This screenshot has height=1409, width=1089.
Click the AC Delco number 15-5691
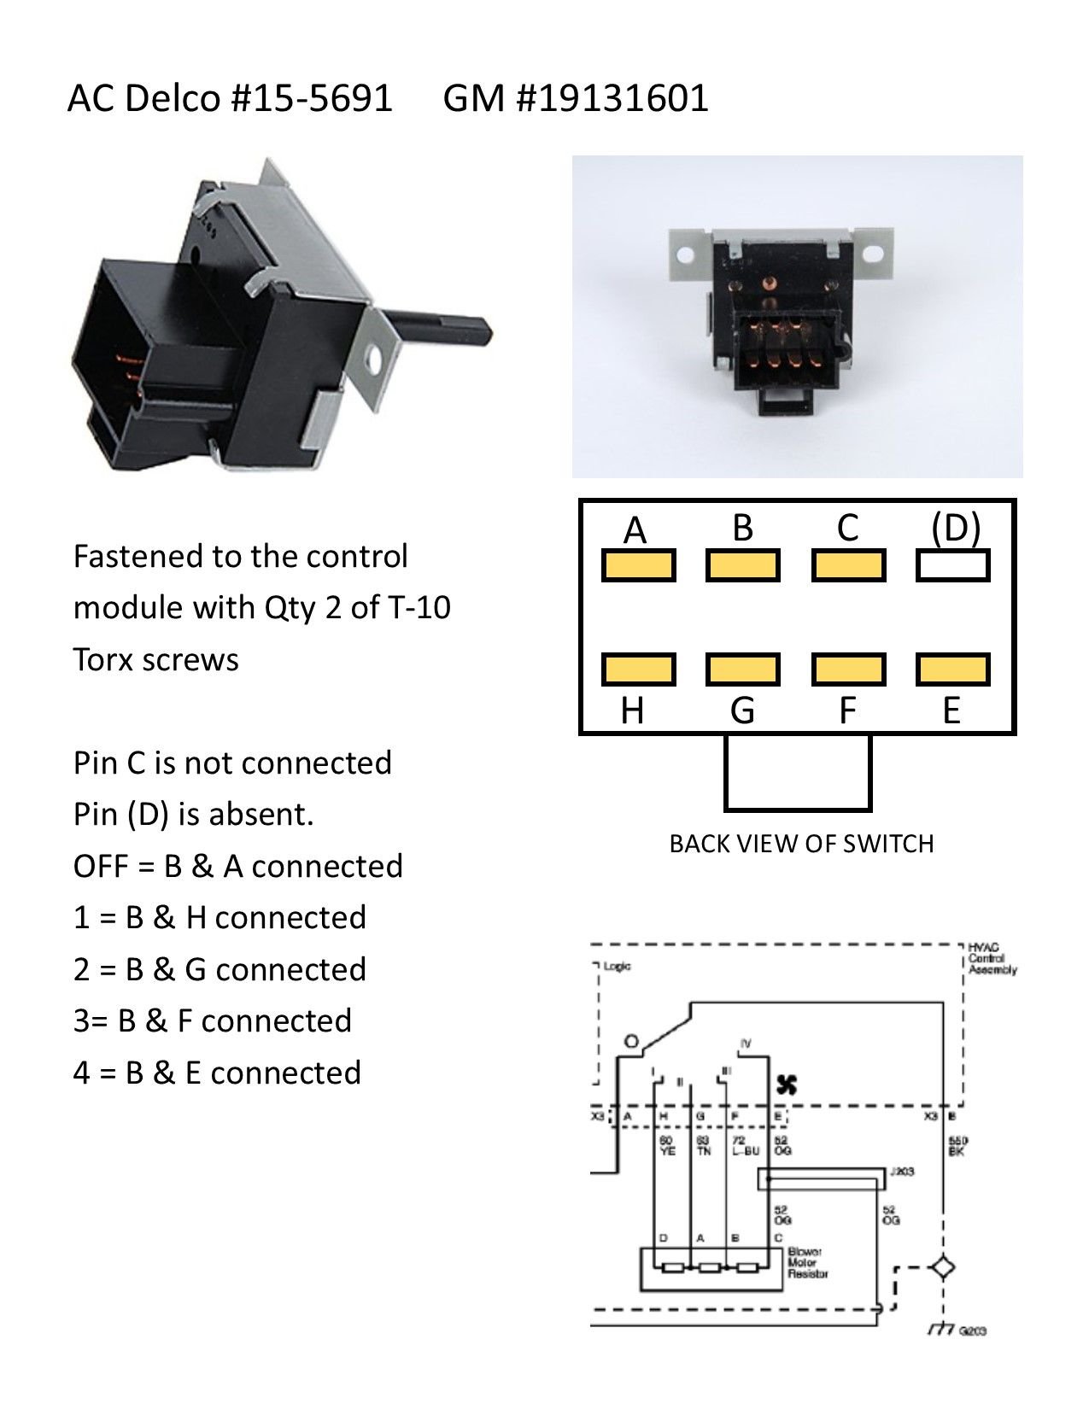tap(311, 97)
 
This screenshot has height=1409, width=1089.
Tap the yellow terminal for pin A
tap(638, 565)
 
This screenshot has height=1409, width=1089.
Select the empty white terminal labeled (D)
tap(952, 565)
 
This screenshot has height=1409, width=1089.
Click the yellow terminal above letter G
tap(742, 669)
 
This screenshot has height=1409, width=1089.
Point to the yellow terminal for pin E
tap(952, 669)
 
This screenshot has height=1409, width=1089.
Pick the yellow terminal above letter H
tap(638, 669)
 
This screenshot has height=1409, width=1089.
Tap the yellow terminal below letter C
tap(847, 565)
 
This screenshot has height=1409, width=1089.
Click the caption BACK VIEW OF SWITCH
tap(801, 844)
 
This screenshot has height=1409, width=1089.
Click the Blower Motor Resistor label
tap(807, 1263)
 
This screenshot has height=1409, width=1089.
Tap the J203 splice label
tap(901, 1171)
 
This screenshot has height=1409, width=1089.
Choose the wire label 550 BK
tap(958, 1146)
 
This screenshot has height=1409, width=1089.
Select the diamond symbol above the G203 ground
tap(943, 1267)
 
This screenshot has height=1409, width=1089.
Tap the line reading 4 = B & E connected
tap(217, 1073)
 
